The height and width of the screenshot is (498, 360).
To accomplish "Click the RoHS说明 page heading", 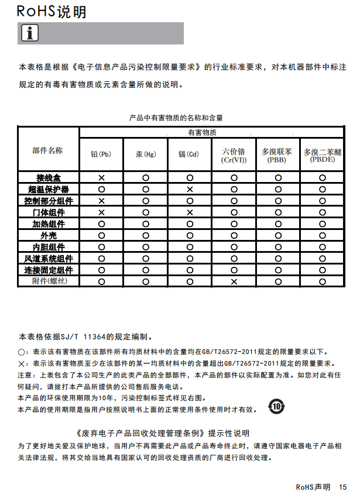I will tap(52, 12).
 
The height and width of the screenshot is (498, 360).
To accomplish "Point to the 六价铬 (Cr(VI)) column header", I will tap(234, 155).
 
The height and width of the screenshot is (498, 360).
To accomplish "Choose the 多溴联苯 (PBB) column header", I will tap(277, 155).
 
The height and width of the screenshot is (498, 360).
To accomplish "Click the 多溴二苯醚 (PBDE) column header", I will tap(322, 155).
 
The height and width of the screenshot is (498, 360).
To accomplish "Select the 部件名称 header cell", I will tap(47, 150).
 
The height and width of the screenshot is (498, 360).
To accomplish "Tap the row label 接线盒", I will tap(47, 177).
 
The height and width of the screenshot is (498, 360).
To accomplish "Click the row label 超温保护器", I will tap(48, 189).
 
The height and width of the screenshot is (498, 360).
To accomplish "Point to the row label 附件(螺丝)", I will tap(47, 281).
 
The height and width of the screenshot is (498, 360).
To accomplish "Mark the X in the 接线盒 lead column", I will tap(101, 177).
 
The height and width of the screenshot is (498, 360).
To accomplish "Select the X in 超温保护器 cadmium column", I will tap(190, 189).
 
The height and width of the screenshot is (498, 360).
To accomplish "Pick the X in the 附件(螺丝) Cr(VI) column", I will tap(234, 281).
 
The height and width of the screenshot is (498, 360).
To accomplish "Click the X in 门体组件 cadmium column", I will tap(190, 212).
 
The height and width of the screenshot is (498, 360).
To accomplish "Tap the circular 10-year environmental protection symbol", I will tap(276, 407).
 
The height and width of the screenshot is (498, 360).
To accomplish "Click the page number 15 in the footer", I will tap(342, 487).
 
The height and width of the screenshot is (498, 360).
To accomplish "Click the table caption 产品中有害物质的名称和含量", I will tap(176, 118).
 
